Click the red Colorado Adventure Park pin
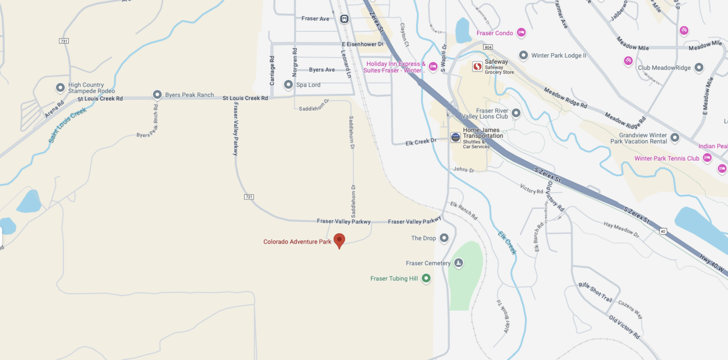pos(339,240)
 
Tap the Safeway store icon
pos(477,67)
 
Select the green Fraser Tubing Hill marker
pos(426,278)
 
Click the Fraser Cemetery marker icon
pos(458,263)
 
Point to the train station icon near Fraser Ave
pos(344,18)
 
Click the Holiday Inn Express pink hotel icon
pos(433,67)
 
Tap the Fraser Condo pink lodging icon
pos(521,32)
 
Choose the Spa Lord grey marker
pos(288,85)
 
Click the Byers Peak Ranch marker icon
pos(157,95)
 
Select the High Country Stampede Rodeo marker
pos(60,88)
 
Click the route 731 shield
pos(64,41)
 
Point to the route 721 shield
pos(249,197)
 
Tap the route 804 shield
pos(488,48)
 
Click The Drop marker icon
pos(444,238)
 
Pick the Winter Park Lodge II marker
pos(524,55)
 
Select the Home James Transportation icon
pos(455,137)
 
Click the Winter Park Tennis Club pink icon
pos(707,158)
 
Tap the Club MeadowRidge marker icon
pos(699,68)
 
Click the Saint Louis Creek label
pos(67,125)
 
